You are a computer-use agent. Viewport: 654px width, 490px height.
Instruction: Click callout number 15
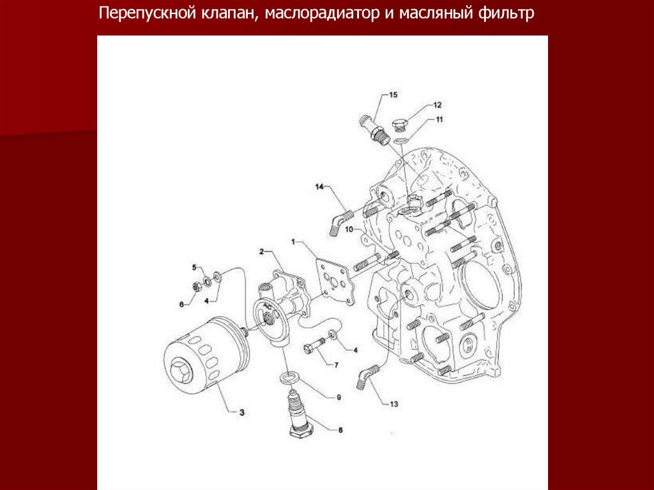(x=393, y=95)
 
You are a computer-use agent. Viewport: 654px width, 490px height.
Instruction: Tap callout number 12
(x=437, y=105)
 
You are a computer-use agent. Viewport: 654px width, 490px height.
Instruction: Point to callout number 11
(x=439, y=120)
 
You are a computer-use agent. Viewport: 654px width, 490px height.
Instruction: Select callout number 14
(x=319, y=187)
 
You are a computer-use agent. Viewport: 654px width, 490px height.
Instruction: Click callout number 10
(x=349, y=229)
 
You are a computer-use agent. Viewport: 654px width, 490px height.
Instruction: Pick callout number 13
(x=393, y=404)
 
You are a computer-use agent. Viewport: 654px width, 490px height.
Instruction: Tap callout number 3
(x=241, y=413)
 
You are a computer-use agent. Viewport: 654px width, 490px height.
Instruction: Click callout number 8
(x=340, y=430)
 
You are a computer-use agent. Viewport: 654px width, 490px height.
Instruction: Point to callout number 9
(x=338, y=397)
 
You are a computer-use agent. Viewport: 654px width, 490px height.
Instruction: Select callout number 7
(x=336, y=365)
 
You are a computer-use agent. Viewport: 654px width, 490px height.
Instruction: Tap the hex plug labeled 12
(x=400, y=125)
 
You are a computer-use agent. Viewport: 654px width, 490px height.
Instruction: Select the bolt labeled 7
(x=315, y=345)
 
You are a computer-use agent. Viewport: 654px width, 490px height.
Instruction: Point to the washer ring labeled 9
(x=287, y=378)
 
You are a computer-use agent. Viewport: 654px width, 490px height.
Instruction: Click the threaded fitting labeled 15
(x=374, y=130)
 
